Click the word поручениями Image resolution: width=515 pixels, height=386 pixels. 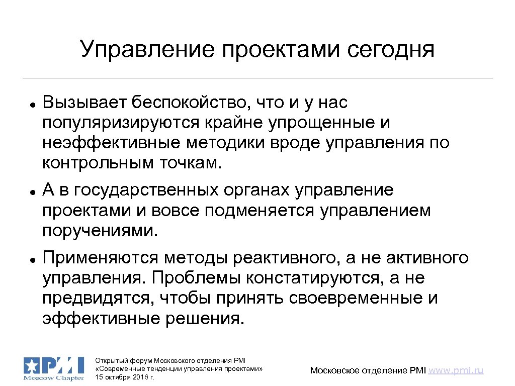100,231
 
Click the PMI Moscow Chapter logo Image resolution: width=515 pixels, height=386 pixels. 54,369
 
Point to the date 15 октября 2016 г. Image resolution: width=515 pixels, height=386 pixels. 125,377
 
